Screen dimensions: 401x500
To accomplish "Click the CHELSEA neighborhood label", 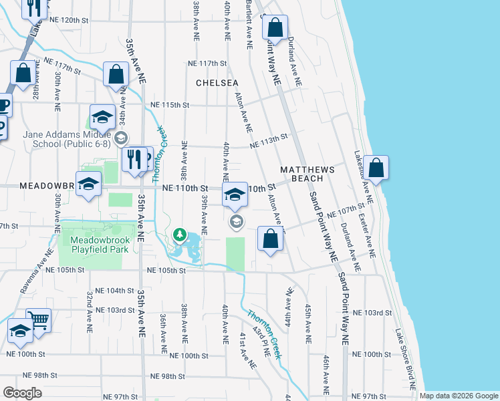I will pyautogui.click(x=217, y=83).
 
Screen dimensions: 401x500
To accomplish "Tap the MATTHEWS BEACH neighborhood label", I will pyautogui.click(x=301, y=174).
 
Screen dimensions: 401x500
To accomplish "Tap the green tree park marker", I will pyautogui.click(x=178, y=235).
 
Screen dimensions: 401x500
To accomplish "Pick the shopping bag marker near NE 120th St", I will pyautogui.click(x=275, y=28).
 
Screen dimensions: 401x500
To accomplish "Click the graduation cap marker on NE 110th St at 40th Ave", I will pyautogui.click(x=234, y=195).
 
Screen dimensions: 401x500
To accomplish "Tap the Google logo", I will pyautogui.click(x=22, y=393).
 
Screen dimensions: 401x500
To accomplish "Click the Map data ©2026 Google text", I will pyautogui.click(x=458, y=396).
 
